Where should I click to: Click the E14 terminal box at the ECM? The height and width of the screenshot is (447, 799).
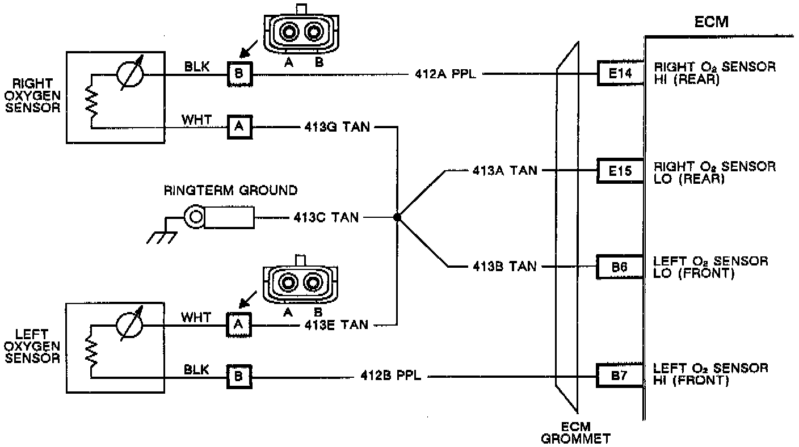tap(620, 73)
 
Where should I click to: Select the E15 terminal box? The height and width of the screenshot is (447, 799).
tap(620, 170)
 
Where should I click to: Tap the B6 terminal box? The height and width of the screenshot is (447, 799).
tap(620, 267)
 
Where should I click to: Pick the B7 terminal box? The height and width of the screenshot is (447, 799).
tap(620, 374)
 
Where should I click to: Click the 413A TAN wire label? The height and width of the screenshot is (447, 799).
tap(504, 170)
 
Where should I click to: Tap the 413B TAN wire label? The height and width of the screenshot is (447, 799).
tap(504, 267)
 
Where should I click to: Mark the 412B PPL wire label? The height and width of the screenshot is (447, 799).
tap(390, 375)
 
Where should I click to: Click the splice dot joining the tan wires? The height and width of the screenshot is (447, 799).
tap(397, 217)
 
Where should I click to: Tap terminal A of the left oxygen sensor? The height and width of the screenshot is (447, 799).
tap(239, 324)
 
